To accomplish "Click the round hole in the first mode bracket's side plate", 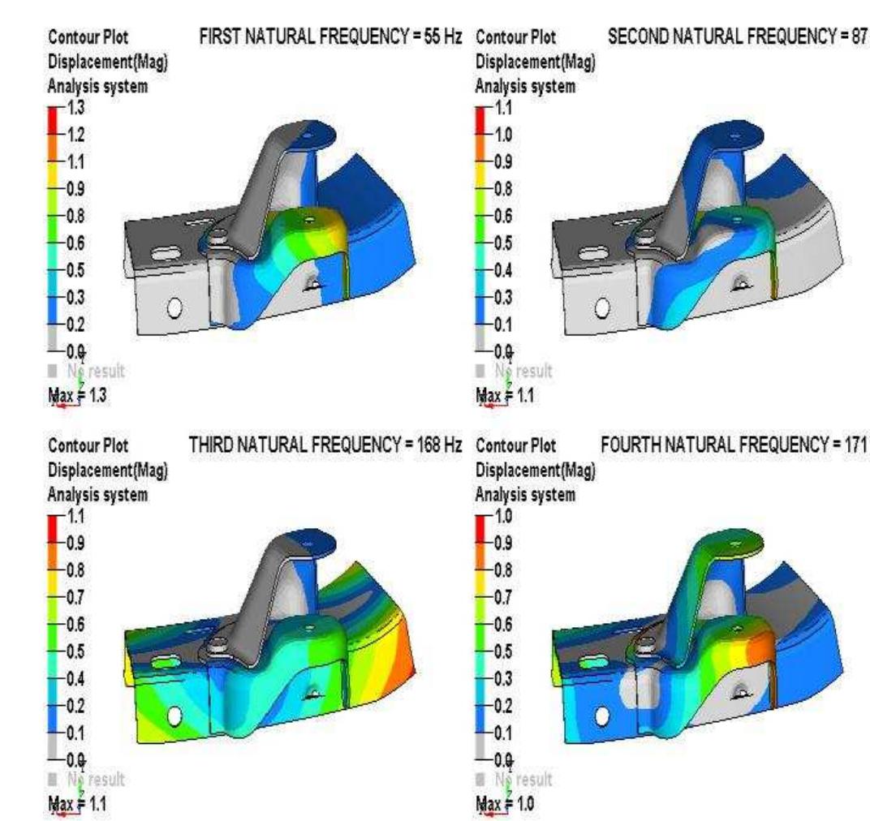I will [x=174, y=308].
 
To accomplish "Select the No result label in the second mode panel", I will [x=522, y=371].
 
